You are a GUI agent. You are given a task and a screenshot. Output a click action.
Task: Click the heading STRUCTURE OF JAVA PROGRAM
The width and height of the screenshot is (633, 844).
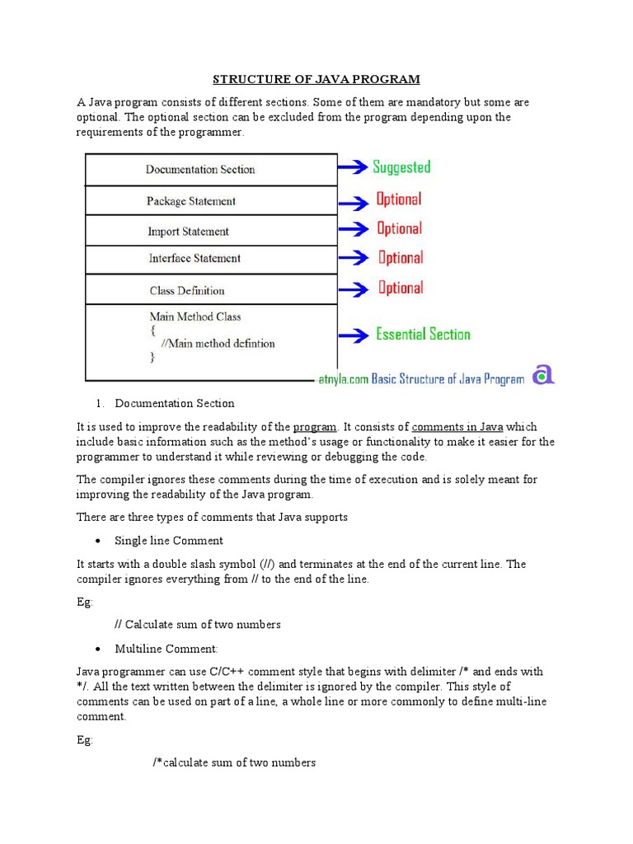[x=316, y=79]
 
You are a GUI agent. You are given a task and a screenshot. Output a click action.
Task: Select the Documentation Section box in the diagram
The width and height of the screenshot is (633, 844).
[x=211, y=170]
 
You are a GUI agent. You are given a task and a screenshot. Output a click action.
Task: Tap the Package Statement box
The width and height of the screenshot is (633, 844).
[x=211, y=201]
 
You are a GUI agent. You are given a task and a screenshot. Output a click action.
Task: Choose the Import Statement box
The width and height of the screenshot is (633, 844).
[x=211, y=232]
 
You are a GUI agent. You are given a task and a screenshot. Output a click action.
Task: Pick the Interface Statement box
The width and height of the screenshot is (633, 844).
[x=211, y=259]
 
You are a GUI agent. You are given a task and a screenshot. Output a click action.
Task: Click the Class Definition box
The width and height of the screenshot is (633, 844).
[x=211, y=290]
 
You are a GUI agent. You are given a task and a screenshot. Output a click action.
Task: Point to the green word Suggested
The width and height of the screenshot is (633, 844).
[x=401, y=167]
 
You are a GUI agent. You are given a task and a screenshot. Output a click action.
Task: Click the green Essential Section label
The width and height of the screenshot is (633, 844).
[x=423, y=335]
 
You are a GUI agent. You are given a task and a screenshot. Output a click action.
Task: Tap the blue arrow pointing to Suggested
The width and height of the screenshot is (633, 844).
[x=353, y=168]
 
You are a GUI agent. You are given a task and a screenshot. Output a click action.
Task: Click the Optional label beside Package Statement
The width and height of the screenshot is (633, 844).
[x=399, y=199]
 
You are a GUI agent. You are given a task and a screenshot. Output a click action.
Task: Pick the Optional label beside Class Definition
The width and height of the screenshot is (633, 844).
[x=401, y=288]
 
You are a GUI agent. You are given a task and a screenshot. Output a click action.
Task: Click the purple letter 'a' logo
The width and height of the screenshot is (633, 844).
[x=542, y=375]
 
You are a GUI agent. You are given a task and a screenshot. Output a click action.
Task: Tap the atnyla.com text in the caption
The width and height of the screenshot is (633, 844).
[x=343, y=379]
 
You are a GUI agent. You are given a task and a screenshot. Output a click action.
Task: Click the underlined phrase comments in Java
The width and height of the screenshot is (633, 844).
[x=457, y=427]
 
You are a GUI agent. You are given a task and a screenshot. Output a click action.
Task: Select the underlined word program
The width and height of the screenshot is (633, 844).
[x=315, y=427]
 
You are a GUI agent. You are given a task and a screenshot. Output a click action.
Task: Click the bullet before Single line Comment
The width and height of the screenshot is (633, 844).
[x=98, y=542]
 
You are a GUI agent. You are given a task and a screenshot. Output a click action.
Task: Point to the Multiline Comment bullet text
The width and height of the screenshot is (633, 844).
[x=166, y=649]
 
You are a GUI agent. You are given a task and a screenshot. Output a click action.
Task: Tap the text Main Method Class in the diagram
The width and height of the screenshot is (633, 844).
[x=195, y=316]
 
